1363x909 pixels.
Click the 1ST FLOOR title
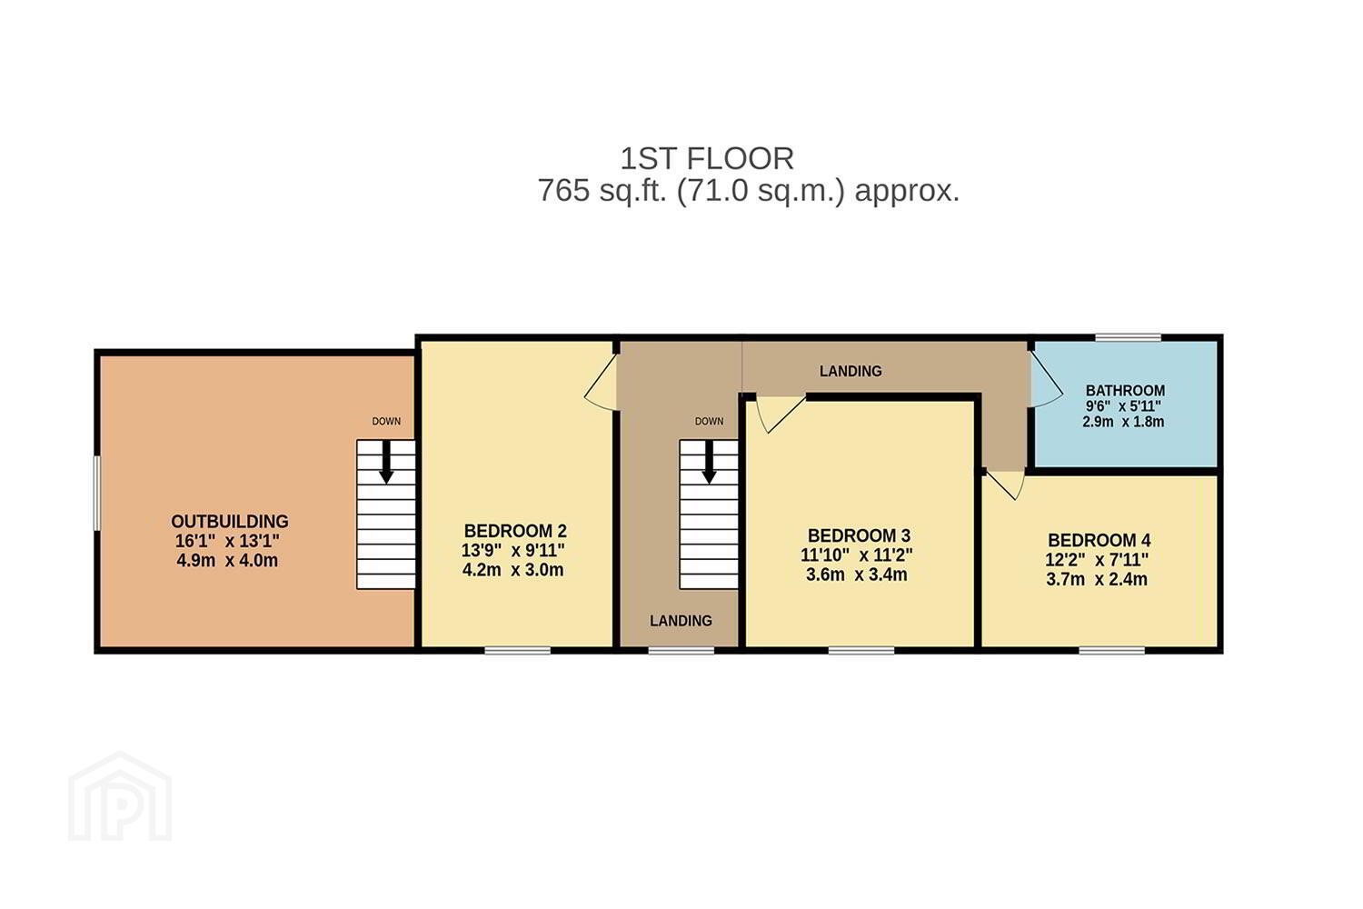(x=706, y=159)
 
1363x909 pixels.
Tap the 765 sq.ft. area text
(x=748, y=191)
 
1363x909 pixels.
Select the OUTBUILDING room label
(x=229, y=522)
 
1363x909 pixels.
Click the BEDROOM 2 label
(x=515, y=531)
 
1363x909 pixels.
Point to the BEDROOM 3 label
(x=859, y=535)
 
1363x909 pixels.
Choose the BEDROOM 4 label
(x=1099, y=541)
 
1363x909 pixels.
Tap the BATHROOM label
(x=1125, y=391)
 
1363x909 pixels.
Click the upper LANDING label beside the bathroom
(x=850, y=372)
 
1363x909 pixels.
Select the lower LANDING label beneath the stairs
(x=681, y=621)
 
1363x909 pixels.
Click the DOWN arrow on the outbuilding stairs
(x=386, y=462)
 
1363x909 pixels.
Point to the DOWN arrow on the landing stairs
(x=709, y=462)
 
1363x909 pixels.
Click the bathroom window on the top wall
(x=1129, y=338)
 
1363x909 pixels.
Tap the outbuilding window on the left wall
(x=96, y=494)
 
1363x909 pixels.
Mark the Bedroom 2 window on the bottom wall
(x=517, y=651)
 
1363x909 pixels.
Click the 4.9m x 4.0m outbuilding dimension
(x=227, y=561)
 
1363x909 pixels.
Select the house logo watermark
(x=120, y=797)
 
